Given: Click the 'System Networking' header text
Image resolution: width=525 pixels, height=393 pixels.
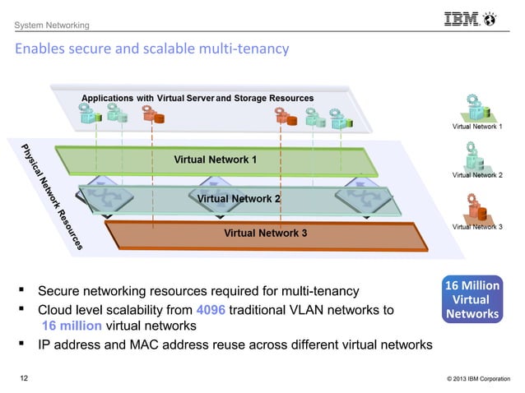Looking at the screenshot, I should [51, 28].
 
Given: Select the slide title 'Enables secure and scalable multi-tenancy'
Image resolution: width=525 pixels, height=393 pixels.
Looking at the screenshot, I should [151, 49].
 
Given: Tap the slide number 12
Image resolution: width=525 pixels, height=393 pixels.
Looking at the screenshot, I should [25, 378].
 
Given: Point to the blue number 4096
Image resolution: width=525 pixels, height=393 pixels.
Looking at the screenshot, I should [210, 310].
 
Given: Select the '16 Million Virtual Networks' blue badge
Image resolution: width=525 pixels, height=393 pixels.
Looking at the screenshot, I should [472, 300].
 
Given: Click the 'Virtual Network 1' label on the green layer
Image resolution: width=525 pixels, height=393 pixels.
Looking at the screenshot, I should [216, 159].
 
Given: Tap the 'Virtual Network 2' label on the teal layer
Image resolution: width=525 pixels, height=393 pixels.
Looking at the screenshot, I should [239, 198].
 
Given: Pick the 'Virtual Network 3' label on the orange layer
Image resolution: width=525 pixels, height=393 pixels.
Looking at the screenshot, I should [265, 233].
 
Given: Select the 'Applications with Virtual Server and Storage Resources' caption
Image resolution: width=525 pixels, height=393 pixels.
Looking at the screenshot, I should [197, 98].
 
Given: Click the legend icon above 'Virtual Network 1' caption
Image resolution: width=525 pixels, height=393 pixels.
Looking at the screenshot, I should [477, 108].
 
